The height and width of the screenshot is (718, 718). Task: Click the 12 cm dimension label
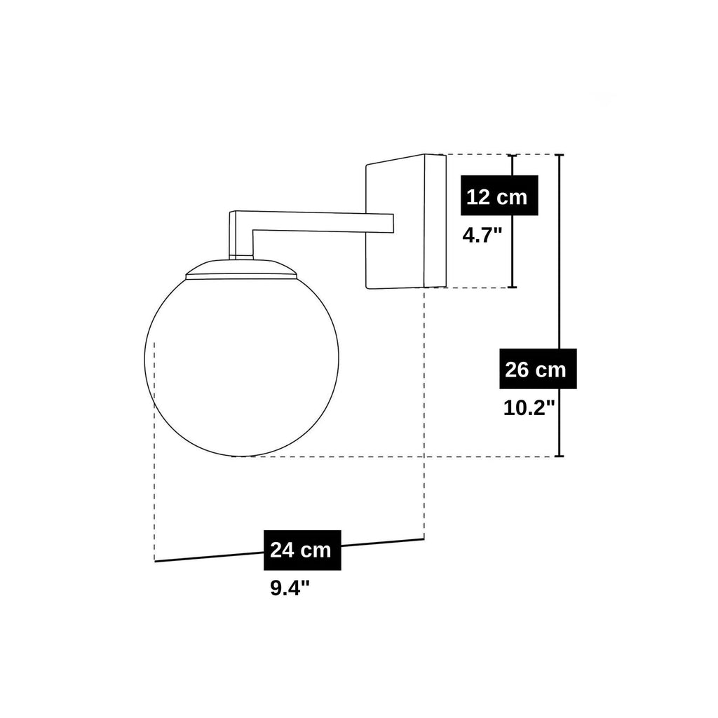[x=499, y=196]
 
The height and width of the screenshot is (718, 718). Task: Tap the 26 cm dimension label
[x=538, y=369]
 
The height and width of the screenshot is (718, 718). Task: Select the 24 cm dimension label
[x=302, y=550]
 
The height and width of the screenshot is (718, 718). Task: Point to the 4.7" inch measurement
[x=482, y=236]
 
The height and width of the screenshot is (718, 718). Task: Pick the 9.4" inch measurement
[x=290, y=588]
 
